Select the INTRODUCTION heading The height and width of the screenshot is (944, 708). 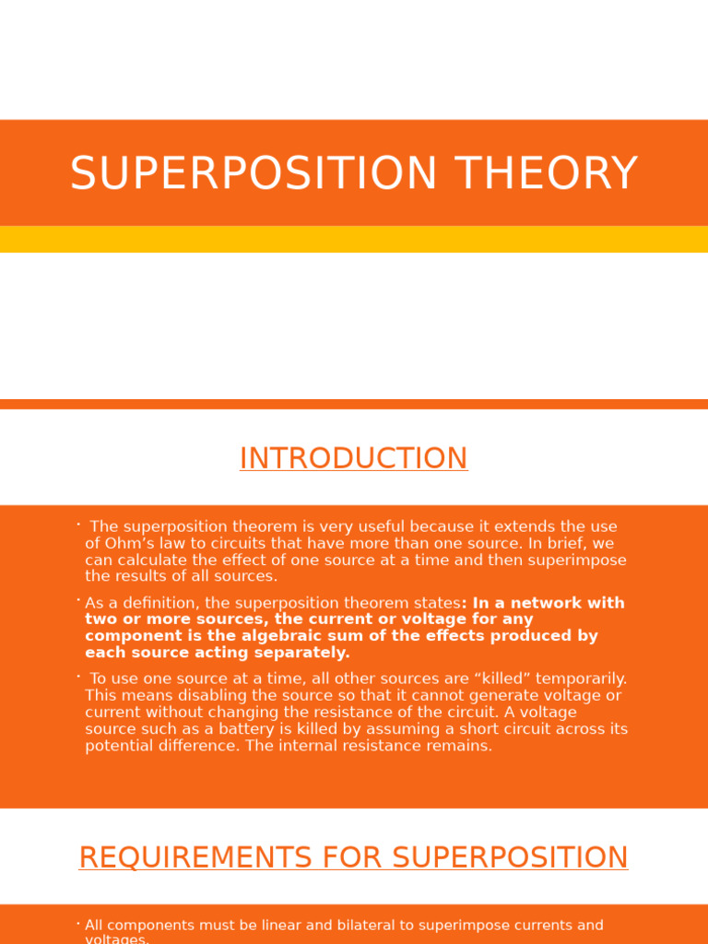click(353, 458)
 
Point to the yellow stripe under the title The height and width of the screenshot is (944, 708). click(354, 239)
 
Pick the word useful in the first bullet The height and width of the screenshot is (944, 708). click(379, 527)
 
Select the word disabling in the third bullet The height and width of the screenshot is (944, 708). click(171, 696)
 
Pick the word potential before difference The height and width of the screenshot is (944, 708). click(120, 746)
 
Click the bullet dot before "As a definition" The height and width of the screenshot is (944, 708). click(78, 600)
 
